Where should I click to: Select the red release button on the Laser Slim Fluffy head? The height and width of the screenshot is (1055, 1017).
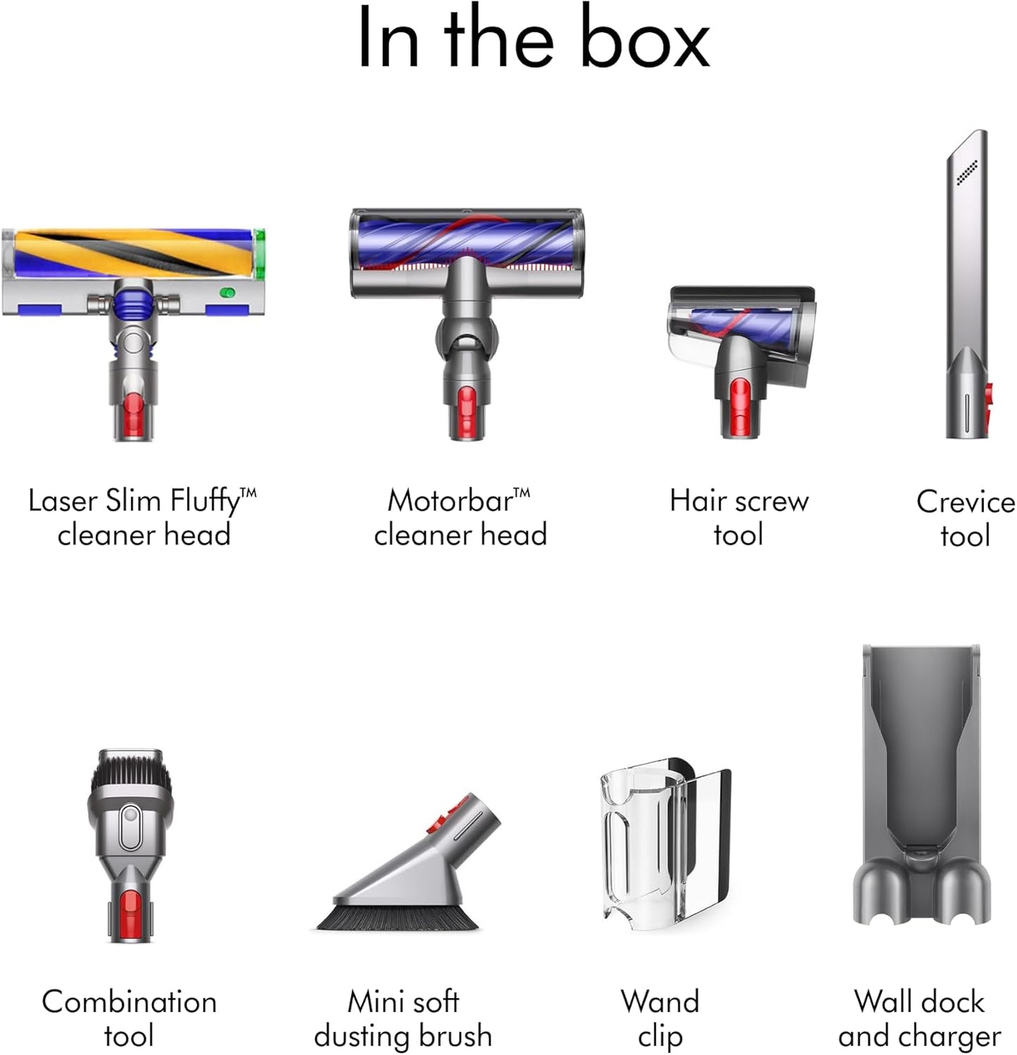coord(133,412)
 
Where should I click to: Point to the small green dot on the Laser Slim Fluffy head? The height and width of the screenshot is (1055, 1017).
coord(227,292)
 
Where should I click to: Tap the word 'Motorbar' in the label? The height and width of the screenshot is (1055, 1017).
coord(450,501)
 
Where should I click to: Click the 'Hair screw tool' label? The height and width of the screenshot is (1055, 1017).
coord(738,518)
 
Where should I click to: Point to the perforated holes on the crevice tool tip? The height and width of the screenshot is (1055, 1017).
coord(967,172)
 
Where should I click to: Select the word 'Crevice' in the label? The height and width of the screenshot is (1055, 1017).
coord(966,502)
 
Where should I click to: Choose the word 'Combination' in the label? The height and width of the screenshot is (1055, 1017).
coord(130,1002)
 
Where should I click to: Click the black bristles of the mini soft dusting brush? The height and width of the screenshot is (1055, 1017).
coord(397,916)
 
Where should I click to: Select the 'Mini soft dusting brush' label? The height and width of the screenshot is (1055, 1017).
coord(403,1019)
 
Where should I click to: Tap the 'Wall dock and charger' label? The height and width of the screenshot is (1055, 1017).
coord(919,1019)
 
